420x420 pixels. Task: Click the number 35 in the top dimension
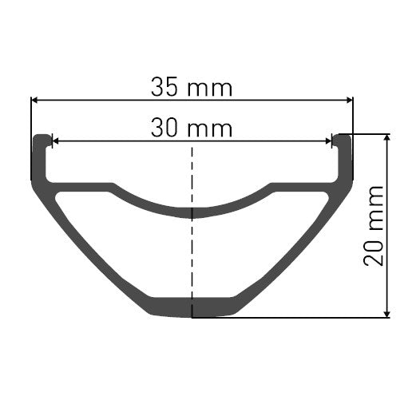[x=165, y=87]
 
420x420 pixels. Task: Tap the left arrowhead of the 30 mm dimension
[x=55, y=141]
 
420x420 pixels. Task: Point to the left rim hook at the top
[x=41, y=156]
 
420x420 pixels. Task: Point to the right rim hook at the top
[x=343, y=156]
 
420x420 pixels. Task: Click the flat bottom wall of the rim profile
[x=192, y=307]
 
